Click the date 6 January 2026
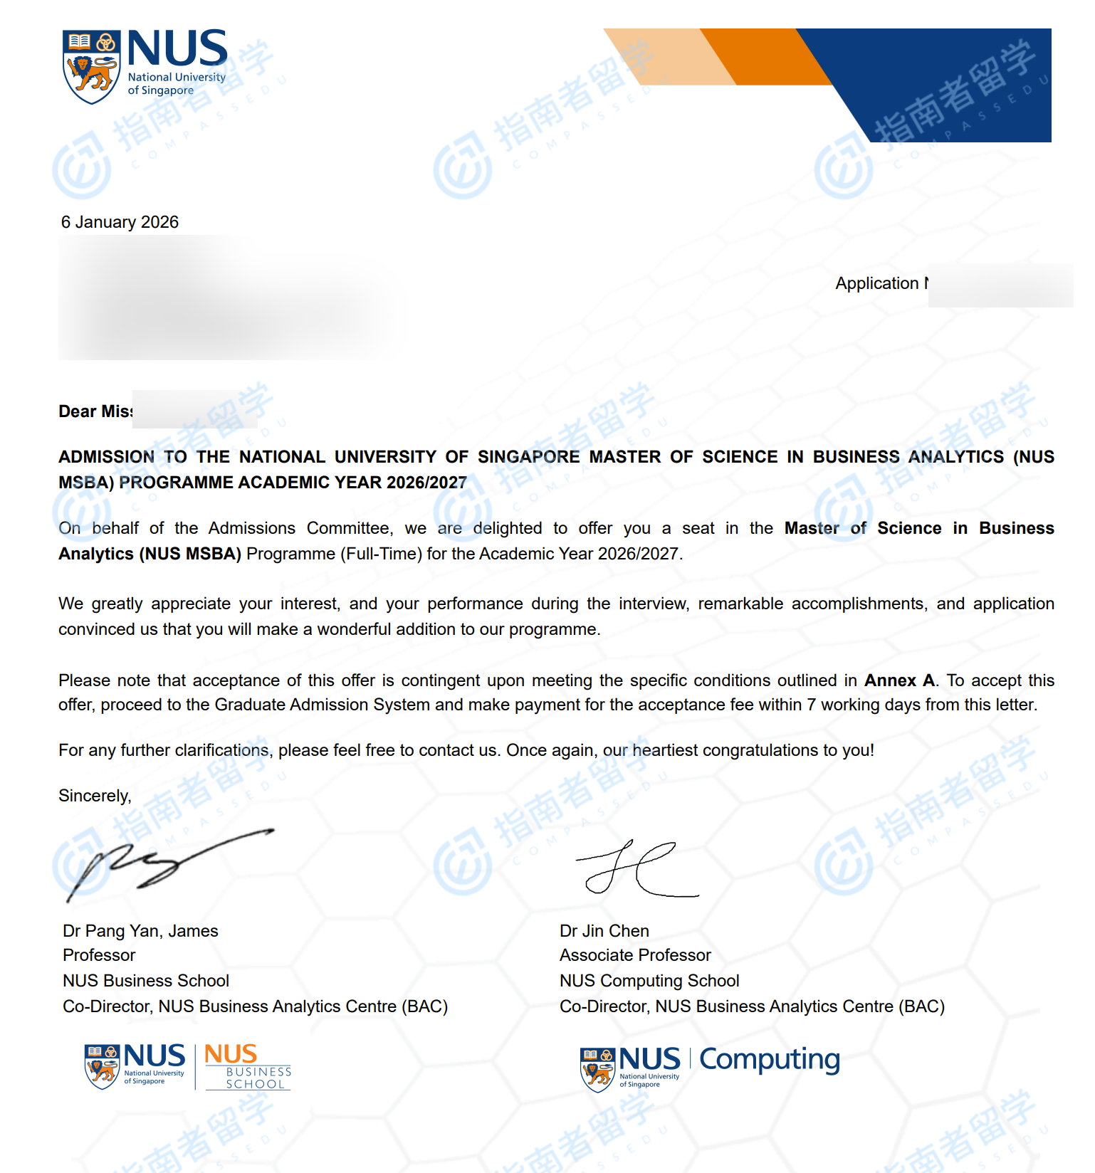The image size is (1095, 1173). [120, 222]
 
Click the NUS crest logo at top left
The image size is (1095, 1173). [91, 67]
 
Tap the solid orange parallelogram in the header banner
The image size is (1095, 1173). [765, 57]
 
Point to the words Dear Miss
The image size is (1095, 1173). [95, 411]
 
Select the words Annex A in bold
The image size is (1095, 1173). [900, 680]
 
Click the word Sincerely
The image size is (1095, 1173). [95, 796]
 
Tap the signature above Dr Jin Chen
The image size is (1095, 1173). [636, 870]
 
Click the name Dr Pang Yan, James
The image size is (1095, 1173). [140, 931]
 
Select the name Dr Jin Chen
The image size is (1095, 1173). [604, 931]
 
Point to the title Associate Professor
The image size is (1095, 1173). [635, 955]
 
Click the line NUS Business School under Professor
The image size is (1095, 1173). [146, 981]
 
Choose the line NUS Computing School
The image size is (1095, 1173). [649, 981]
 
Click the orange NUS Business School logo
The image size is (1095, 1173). [247, 1066]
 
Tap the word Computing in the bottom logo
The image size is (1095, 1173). [769, 1061]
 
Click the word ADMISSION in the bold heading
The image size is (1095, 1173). [106, 457]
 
